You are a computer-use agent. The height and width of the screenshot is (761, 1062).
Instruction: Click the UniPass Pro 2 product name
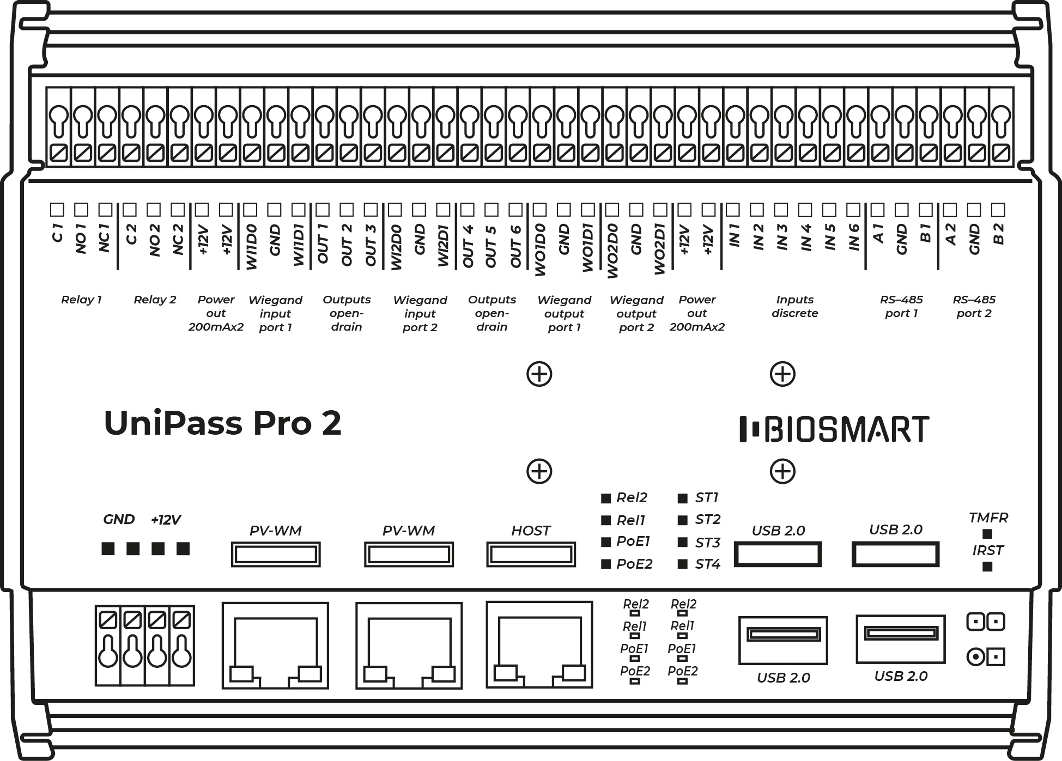(x=222, y=423)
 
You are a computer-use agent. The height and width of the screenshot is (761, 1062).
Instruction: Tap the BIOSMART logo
(x=834, y=429)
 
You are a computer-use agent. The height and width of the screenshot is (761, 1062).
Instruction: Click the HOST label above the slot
(x=531, y=531)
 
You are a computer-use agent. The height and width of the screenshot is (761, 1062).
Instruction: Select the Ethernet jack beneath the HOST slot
(x=539, y=645)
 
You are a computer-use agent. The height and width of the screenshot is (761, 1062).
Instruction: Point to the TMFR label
(x=988, y=518)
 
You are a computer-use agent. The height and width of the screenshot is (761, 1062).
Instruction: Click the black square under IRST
(x=987, y=567)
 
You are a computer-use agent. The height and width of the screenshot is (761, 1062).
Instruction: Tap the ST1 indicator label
(x=707, y=497)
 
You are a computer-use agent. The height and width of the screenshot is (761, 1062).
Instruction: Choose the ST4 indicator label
(x=707, y=564)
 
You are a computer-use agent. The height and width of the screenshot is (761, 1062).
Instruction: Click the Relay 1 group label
(x=81, y=300)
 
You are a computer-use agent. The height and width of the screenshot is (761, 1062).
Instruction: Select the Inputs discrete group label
(x=795, y=306)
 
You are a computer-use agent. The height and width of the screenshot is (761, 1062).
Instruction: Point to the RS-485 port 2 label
(x=974, y=306)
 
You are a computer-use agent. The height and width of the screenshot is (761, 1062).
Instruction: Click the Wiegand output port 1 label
(x=564, y=314)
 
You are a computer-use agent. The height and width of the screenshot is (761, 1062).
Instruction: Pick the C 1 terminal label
(x=57, y=233)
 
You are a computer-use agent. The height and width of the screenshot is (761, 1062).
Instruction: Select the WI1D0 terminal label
(x=251, y=247)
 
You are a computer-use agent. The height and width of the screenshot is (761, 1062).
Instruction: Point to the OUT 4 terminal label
(x=468, y=246)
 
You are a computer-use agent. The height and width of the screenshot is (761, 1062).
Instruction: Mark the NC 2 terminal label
(x=178, y=240)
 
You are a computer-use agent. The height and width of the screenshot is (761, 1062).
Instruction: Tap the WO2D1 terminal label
(x=660, y=249)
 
